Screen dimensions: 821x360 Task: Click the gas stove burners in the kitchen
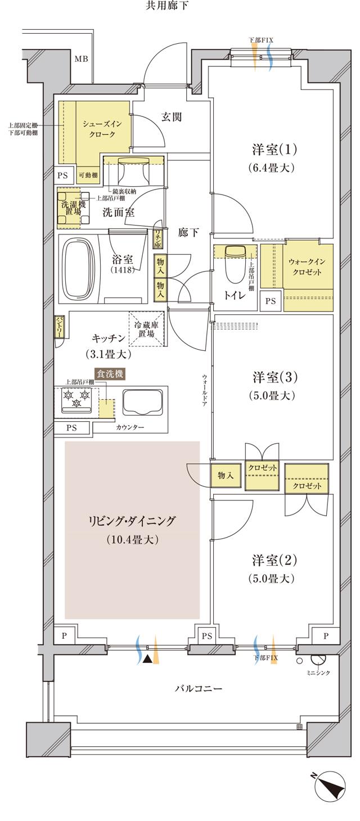pos(76,400)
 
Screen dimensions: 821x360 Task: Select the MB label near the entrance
pos(82,58)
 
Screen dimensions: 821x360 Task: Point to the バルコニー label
pos(191,688)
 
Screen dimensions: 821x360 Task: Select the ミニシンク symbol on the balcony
pos(318,660)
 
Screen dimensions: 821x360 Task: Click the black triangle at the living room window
pos(147,659)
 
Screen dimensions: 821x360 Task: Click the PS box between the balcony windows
pos(206,636)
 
